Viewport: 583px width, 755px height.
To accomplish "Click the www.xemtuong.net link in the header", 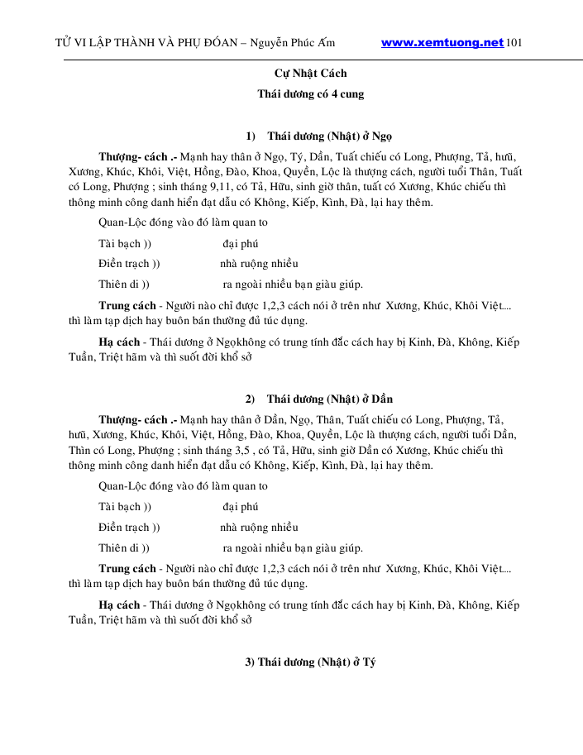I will coord(442,43).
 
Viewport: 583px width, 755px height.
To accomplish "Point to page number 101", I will coord(514,43).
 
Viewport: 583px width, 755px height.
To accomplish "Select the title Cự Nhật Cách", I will coord(310,74).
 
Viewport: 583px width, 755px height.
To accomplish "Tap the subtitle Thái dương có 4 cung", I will coord(310,94).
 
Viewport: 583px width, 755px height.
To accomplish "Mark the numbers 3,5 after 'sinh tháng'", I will coord(241,451).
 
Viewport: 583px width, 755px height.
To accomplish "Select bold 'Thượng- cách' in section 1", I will coord(132,156).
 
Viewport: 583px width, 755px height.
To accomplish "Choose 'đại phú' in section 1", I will coord(240,244).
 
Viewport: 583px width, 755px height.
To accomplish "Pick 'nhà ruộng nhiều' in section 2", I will coord(259,528).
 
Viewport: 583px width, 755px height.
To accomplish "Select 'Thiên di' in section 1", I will coord(119,284).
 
